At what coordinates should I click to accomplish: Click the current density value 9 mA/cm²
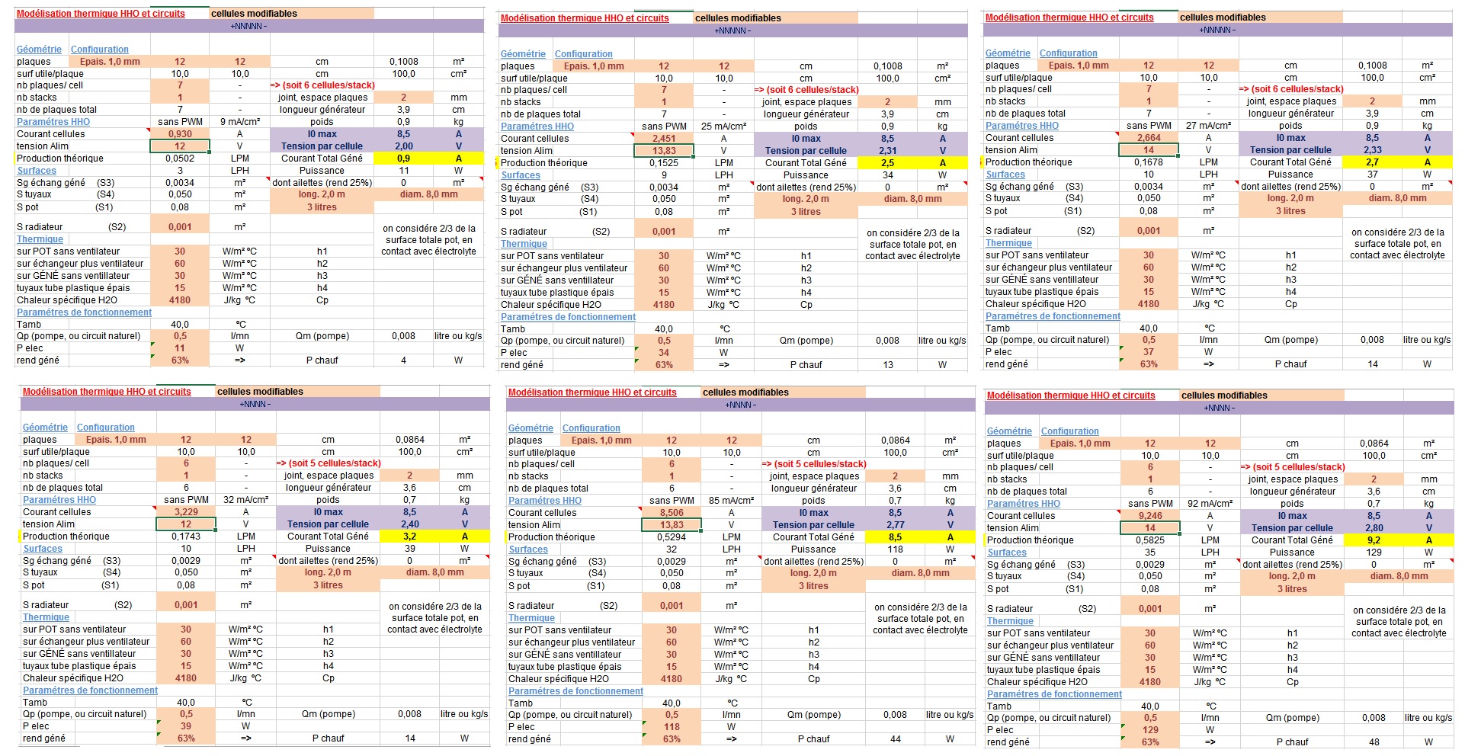click(x=240, y=122)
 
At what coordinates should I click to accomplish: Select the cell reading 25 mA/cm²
click(x=724, y=127)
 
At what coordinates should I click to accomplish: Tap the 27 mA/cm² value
click(x=1209, y=126)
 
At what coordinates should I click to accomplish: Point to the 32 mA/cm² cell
click(x=246, y=500)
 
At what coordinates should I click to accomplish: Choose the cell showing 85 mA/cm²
click(x=732, y=501)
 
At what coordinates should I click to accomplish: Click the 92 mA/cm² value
click(x=1210, y=504)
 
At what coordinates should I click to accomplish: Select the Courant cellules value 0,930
click(x=180, y=134)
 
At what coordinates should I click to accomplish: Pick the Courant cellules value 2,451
click(x=664, y=139)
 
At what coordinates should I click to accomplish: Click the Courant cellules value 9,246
click(x=1150, y=516)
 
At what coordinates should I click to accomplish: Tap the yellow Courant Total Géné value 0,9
click(x=403, y=159)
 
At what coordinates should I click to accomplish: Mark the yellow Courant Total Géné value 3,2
click(x=409, y=537)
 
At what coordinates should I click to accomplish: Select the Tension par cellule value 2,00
click(x=403, y=146)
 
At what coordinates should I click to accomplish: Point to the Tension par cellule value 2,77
click(x=895, y=525)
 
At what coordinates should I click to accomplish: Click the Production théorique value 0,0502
click(x=180, y=159)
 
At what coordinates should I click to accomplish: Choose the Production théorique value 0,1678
click(x=1149, y=162)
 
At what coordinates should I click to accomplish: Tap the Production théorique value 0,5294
click(x=672, y=537)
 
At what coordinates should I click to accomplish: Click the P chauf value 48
click(x=1374, y=742)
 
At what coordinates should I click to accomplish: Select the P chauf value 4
click(x=403, y=360)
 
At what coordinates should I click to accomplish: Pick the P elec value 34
click(x=664, y=353)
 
